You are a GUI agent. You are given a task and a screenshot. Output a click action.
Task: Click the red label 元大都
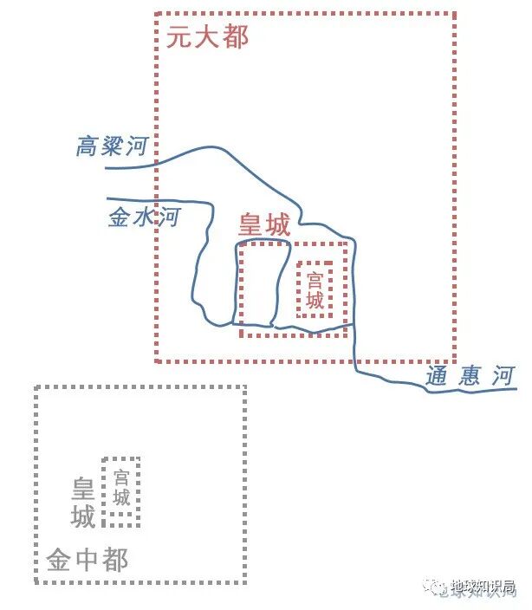click(207, 36)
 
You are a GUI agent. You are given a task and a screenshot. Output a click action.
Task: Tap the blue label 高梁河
click(112, 146)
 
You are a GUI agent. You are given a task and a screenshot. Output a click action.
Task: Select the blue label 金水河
click(143, 217)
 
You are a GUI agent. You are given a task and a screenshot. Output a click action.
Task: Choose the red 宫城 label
click(315, 290)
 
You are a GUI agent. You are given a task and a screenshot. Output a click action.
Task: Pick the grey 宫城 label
click(121, 487)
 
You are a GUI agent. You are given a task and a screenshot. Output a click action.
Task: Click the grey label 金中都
click(88, 560)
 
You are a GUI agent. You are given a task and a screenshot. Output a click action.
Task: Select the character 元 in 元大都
click(180, 36)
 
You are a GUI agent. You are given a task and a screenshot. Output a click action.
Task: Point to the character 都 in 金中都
click(115, 560)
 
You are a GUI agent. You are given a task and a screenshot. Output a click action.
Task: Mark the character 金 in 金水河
click(120, 217)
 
